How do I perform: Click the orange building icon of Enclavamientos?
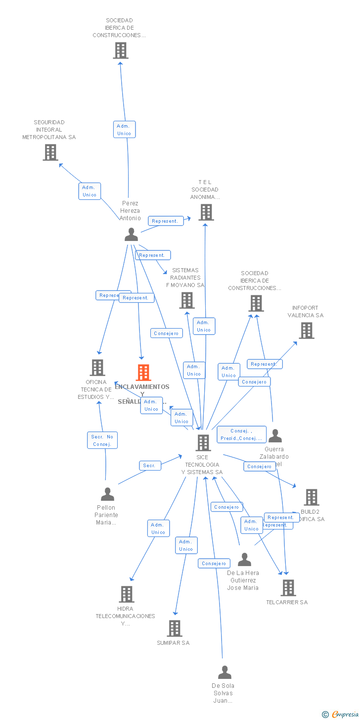point(143,372)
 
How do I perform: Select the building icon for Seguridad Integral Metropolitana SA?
point(50,152)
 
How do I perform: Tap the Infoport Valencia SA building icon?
point(307,331)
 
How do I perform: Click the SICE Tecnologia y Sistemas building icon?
point(203,443)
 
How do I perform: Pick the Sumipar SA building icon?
point(175,628)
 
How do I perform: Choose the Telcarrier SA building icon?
point(288,588)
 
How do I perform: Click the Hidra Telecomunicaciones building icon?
point(127,594)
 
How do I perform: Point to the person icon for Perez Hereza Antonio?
point(131,235)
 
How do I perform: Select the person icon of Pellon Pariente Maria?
point(107,494)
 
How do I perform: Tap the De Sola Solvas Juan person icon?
point(225,672)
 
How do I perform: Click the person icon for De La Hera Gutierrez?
point(244,560)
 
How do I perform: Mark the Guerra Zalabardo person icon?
point(275,436)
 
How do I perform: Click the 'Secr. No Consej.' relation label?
point(102,440)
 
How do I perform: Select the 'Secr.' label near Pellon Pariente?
point(150,466)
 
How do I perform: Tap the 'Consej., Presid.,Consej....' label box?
point(241,434)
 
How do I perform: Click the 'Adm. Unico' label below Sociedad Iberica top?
point(124,130)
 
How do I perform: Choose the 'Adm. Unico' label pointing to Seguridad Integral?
point(90,191)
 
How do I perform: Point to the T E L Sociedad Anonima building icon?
point(206,212)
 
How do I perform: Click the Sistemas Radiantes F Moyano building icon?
point(187,300)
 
